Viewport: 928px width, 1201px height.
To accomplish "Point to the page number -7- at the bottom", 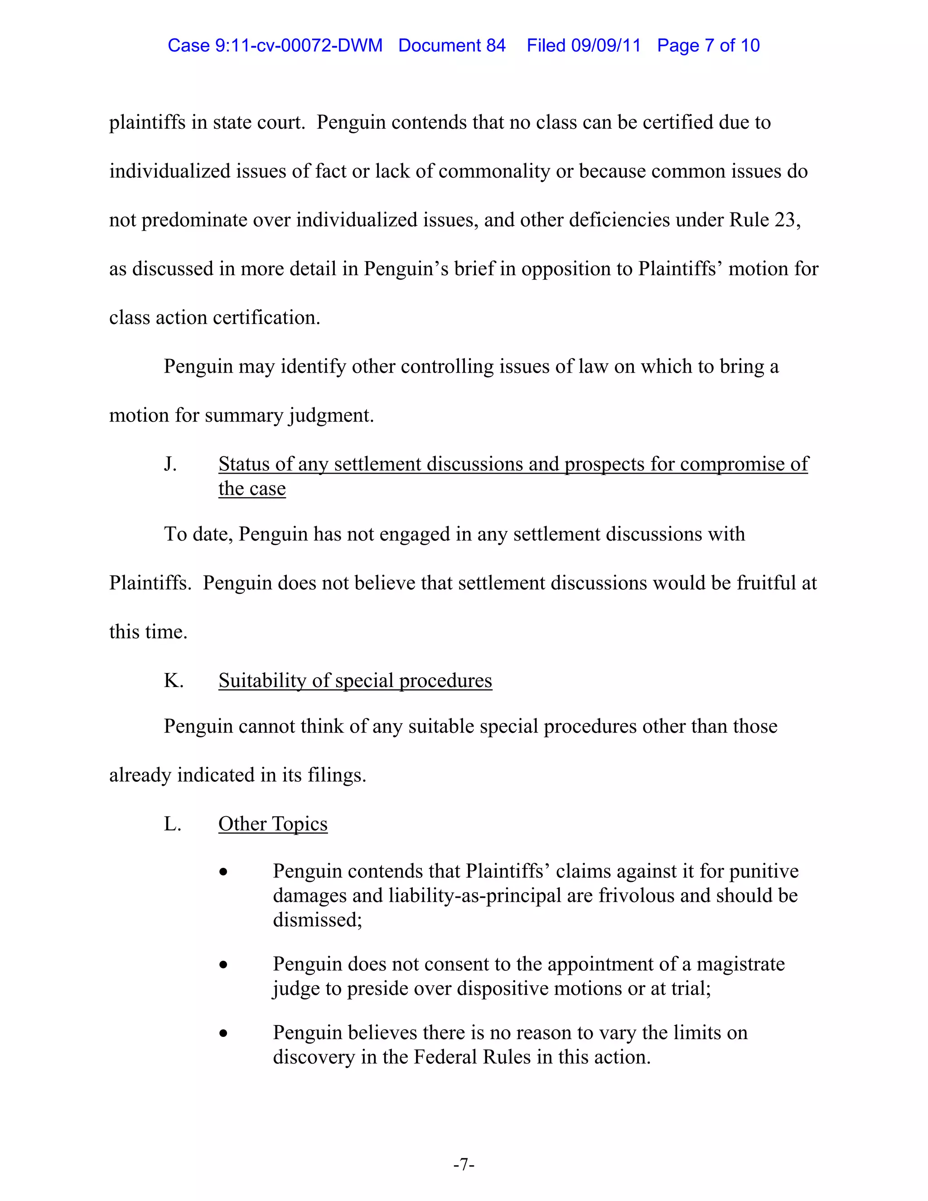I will point(464,1164).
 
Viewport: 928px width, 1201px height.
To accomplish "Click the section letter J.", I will point(170,464).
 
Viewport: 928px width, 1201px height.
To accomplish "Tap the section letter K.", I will point(173,681).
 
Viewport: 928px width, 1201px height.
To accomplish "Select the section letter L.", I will point(172,824).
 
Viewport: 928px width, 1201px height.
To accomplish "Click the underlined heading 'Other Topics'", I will point(273,824).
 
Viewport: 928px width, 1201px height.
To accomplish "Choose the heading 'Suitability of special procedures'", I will point(355,681).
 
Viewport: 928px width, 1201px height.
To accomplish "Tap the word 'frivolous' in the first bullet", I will point(636,896).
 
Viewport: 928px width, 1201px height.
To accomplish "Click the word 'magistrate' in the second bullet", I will point(740,964).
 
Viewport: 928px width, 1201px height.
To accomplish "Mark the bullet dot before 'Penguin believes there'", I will point(223,1034).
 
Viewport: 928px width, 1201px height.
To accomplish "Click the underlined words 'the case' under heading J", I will point(252,489).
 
